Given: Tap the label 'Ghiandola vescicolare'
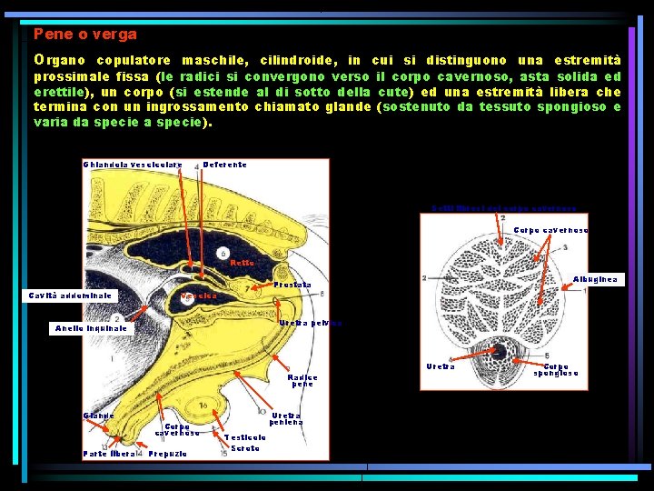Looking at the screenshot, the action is click(133, 165).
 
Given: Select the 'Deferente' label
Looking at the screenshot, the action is click(224, 165).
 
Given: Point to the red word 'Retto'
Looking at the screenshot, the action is click(242, 263).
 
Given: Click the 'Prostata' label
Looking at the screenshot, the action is click(292, 285).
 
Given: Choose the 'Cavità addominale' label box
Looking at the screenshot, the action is click(70, 296).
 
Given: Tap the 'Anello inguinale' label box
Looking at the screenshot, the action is click(91, 327).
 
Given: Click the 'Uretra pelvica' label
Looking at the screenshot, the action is click(310, 323).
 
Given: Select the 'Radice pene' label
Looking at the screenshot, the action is click(302, 380).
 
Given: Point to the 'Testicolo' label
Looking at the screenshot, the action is click(244, 436).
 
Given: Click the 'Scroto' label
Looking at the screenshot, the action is click(245, 448).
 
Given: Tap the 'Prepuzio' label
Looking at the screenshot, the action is click(168, 453).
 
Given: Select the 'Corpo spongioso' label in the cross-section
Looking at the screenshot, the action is click(556, 370).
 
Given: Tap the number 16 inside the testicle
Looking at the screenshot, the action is click(204, 404).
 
